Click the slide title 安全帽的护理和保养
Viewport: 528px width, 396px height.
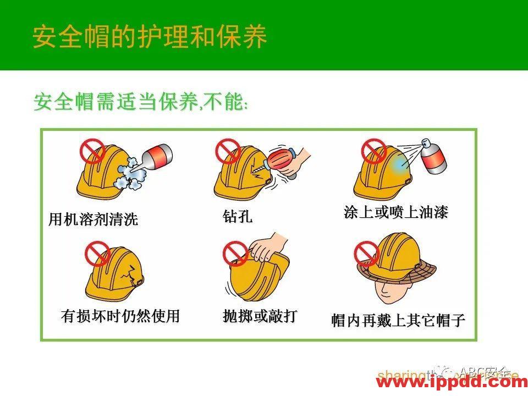point(150,36)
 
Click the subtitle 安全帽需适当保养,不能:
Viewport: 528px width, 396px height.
point(141,102)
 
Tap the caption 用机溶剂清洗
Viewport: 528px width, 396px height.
point(93,220)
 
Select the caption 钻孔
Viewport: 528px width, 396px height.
point(238,216)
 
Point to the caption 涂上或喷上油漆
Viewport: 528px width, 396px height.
point(396,212)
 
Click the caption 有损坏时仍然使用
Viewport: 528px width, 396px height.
point(120,316)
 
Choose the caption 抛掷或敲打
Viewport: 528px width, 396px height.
point(260,316)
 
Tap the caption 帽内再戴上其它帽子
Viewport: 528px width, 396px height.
point(398,320)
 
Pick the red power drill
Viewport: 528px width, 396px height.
point(284,159)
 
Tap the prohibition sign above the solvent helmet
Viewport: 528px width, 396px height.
point(92,150)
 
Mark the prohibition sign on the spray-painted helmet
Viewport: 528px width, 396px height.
point(373,150)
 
